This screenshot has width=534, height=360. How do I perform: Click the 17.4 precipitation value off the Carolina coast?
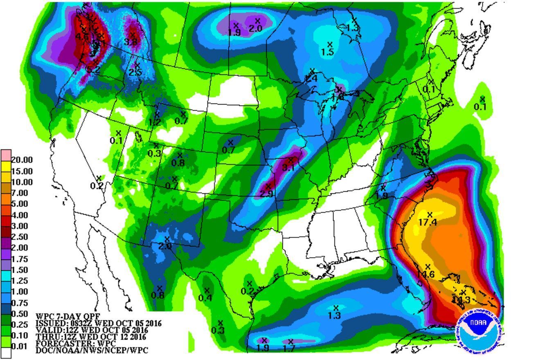(x=428, y=222)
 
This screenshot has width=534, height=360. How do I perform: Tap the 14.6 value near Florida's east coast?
(x=426, y=274)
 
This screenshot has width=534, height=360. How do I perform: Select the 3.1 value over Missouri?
(x=288, y=167)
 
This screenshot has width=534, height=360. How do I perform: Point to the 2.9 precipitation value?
(x=266, y=194)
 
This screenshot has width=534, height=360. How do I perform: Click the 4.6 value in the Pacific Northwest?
(x=82, y=37)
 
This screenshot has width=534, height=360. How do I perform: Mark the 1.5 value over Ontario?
(x=327, y=52)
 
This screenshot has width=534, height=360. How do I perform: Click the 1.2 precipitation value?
(x=155, y=122)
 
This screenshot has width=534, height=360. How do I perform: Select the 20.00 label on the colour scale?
(x=22, y=160)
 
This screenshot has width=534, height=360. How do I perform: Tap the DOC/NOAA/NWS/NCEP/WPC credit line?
(x=92, y=351)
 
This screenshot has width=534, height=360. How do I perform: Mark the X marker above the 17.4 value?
(x=430, y=215)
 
